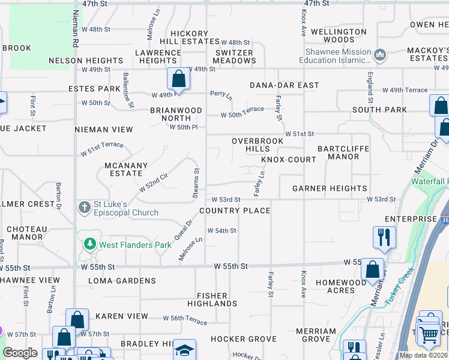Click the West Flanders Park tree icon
pyautogui.click(x=89, y=244)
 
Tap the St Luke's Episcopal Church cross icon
pyautogui.click(x=85, y=208)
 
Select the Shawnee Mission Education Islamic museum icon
pyautogui.click(x=379, y=56)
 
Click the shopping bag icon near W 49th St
pyautogui.click(x=178, y=79)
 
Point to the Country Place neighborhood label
pyautogui.click(x=235, y=211)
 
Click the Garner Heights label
pyautogui.click(x=330, y=188)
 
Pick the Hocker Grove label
pyautogui.click(x=243, y=339)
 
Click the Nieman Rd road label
pyautogui.click(x=76, y=29)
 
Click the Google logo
pyautogui.click(x=20, y=353)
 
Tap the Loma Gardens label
pyautogui.click(x=122, y=280)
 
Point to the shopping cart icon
pyautogui.click(x=428, y=335)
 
